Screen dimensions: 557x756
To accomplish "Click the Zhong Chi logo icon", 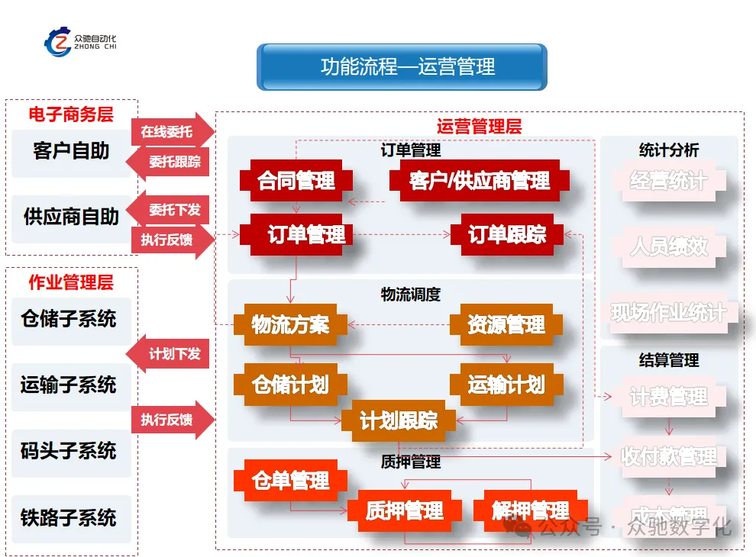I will click(57, 42).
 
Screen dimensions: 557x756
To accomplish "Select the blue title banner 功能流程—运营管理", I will click(402, 66).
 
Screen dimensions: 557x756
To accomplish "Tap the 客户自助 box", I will click(71, 151).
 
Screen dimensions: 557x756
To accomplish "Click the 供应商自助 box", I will click(71, 217).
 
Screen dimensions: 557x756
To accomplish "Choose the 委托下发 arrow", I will click(169, 210).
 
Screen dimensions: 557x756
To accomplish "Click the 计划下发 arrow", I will click(169, 354).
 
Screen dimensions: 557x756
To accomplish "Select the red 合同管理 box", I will click(296, 182).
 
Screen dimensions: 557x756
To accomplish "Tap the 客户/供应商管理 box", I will click(480, 182).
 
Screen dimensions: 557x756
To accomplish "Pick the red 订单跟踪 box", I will click(507, 235).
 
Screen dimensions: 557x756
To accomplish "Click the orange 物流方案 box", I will click(290, 324).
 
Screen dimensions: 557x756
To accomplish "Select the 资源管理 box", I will click(506, 324).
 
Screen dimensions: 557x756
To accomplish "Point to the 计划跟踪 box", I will click(399, 420).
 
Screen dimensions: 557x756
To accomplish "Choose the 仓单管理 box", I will click(291, 481).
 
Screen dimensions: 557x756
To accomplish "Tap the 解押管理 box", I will click(530, 510).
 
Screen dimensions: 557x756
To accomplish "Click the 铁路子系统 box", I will click(69, 518).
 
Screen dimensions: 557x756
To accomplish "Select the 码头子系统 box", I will click(69, 452).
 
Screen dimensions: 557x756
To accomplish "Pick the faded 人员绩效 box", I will click(669, 247).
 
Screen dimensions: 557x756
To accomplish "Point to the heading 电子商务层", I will click(71, 114).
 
